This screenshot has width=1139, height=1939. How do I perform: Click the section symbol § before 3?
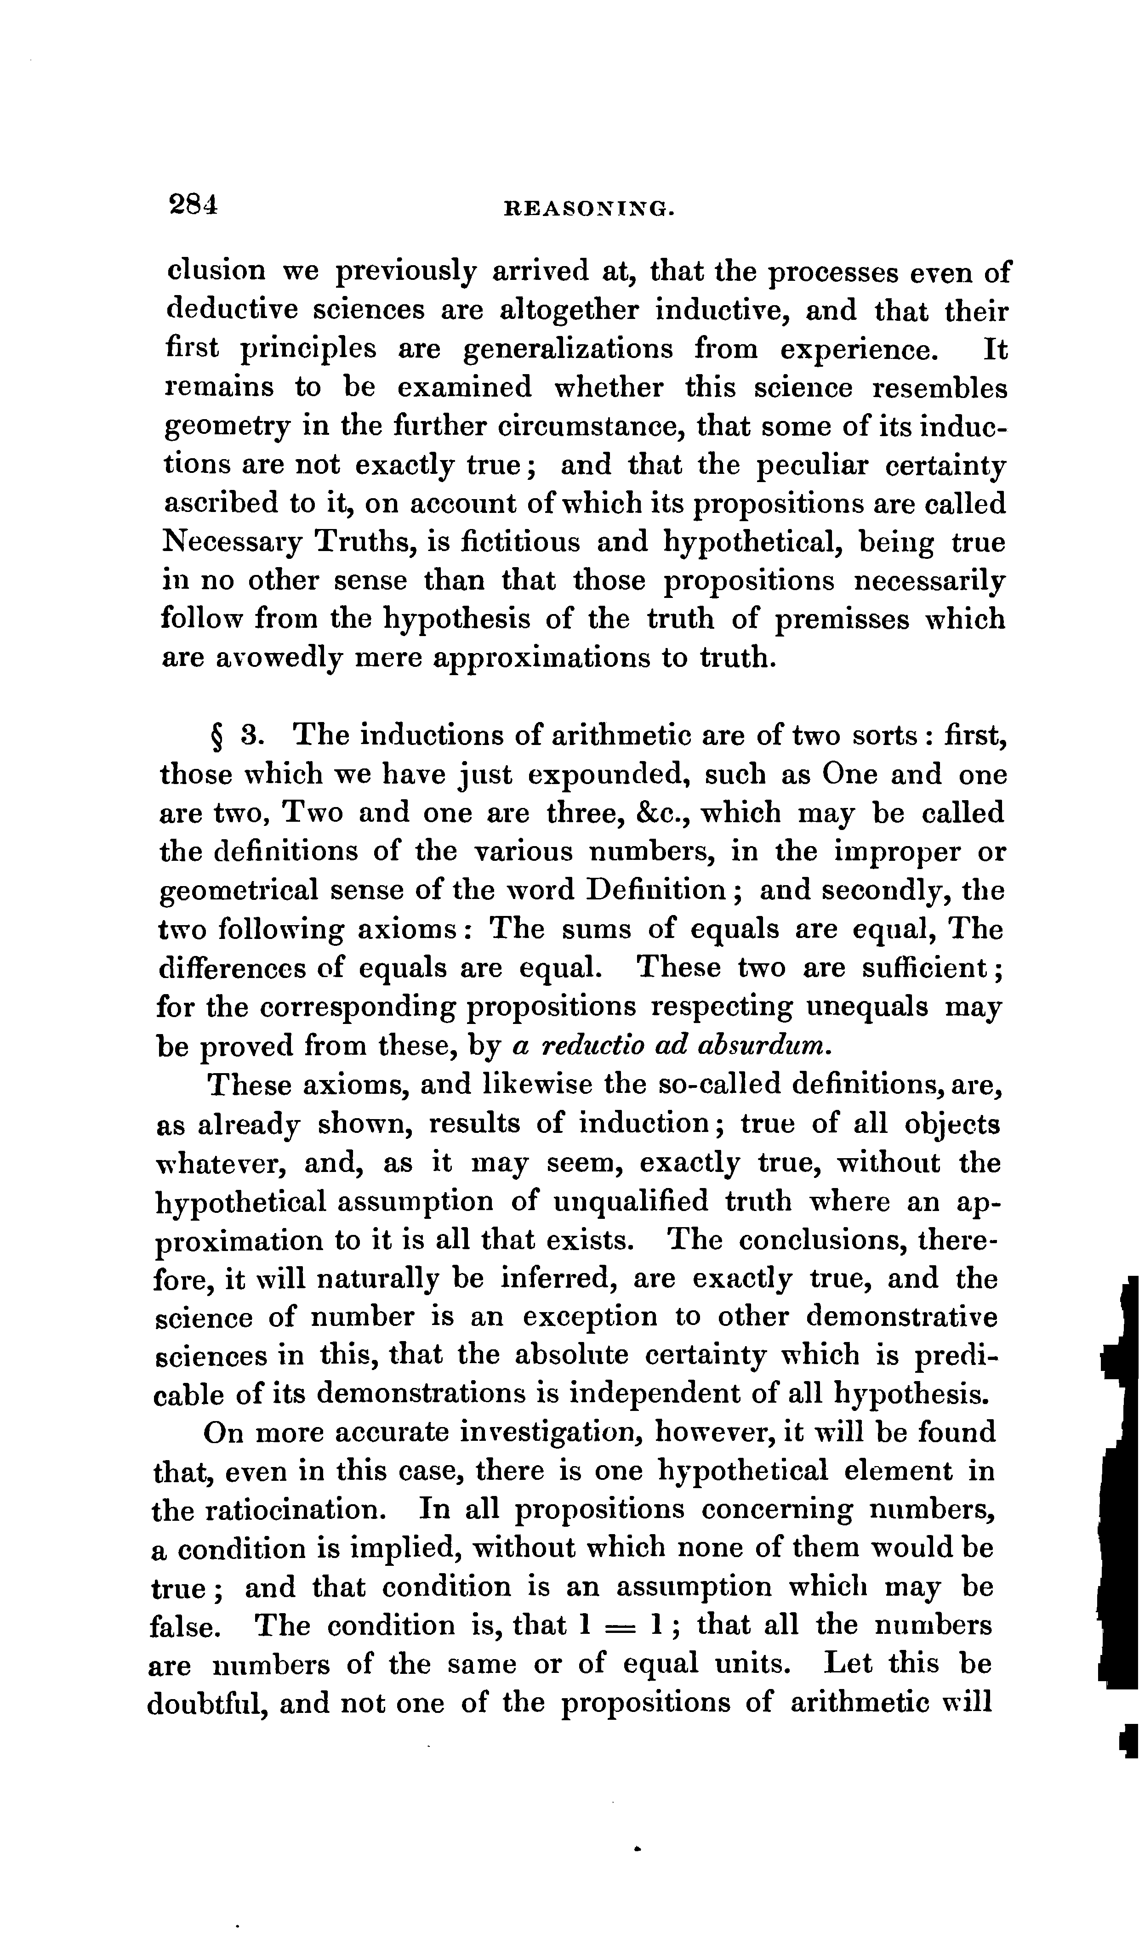217,736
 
